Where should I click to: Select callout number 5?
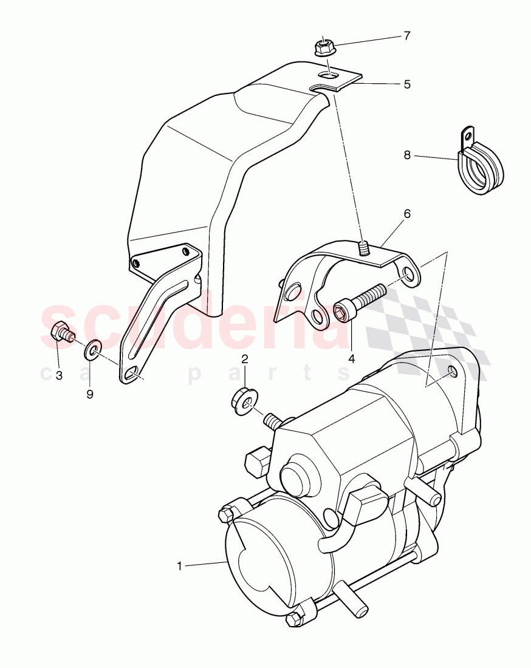coord(406,84)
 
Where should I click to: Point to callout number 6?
coord(406,214)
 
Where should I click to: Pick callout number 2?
coord(245,360)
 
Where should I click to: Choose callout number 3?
coord(59,376)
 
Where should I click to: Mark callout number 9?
coord(90,394)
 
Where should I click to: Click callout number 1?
coord(180,566)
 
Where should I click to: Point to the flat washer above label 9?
coord(92,350)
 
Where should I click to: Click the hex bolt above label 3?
coord(60,333)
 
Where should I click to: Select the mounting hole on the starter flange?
coord(453,371)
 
